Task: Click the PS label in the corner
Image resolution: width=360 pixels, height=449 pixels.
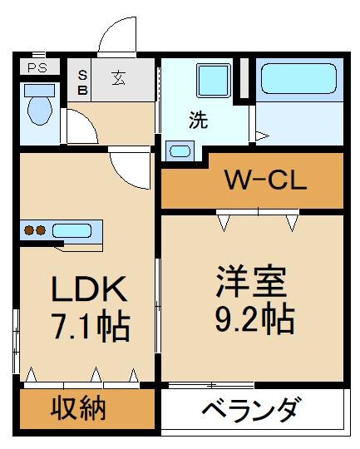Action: click(x=37, y=68)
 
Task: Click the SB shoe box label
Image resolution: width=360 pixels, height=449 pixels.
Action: click(x=82, y=80)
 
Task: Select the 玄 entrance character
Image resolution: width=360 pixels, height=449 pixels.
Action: click(x=120, y=80)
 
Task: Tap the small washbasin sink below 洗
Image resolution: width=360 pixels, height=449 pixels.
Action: click(x=179, y=150)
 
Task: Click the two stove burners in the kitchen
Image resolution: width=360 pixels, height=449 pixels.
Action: click(x=34, y=230)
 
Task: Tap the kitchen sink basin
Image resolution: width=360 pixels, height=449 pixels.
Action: click(x=76, y=229)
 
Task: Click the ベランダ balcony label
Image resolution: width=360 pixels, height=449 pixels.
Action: click(x=251, y=410)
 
